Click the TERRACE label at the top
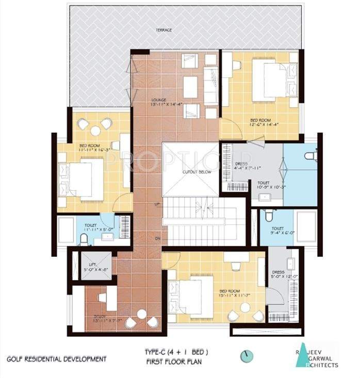(x=165, y=30)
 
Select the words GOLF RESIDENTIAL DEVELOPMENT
(x=57, y=358)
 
